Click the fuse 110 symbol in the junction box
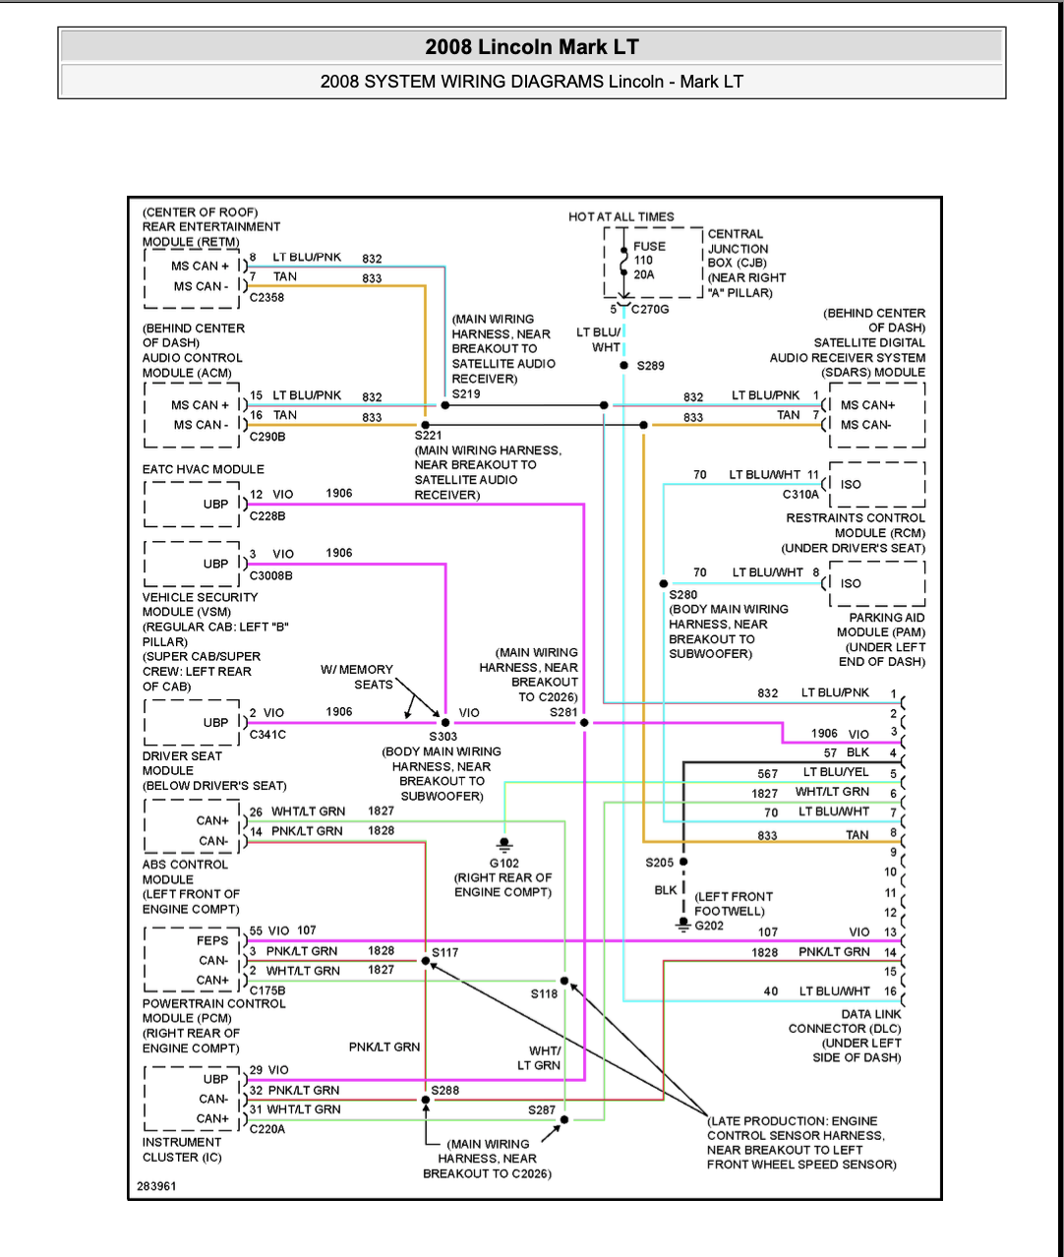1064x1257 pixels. [x=623, y=262]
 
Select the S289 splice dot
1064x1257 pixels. [x=623, y=366]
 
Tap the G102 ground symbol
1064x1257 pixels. [x=504, y=845]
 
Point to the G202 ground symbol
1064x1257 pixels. [x=683, y=925]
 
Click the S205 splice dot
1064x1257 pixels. [x=683, y=862]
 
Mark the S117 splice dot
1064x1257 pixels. [x=426, y=961]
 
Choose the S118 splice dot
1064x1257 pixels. [x=564, y=981]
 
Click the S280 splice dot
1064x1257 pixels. [x=664, y=584]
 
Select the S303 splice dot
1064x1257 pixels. [x=445, y=723]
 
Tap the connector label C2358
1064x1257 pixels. [x=266, y=297]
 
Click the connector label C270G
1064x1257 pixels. [x=649, y=310]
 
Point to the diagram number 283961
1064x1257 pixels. [x=156, y=1186]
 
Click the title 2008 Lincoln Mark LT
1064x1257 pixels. [x=532, y=47]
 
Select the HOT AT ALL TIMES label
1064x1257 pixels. [x=621, y=217]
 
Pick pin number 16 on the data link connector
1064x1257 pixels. [x=890, y=991]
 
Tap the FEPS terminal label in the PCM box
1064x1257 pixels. [x=212, y=940]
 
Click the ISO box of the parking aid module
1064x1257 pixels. [x=877, y=584]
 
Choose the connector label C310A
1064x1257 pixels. [x=800, y=495]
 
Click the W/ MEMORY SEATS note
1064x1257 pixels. [x=357, y=677]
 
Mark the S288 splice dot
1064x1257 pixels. [x=426, y=1100]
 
